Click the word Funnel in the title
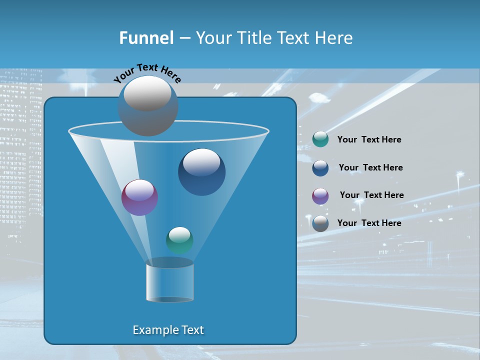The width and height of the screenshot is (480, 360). point(146,38)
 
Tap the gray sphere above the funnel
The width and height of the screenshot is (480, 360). point(147,105)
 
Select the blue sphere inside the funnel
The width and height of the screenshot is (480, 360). point(201,172)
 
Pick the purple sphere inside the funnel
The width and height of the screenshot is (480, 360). point(139,197)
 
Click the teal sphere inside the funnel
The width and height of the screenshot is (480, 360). point(179,240)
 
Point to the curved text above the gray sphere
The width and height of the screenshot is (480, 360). point(147,73)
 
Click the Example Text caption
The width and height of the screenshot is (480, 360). point(168,330)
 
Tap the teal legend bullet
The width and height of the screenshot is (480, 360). point(320,139)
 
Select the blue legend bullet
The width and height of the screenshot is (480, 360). point(320,168)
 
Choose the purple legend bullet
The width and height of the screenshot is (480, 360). point(320,196)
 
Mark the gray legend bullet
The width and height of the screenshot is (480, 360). point(320,223)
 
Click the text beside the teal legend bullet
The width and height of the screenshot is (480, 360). point(369,140)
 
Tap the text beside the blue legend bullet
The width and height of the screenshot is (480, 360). point(370,168)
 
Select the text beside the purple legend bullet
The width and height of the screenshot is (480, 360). point(371,195)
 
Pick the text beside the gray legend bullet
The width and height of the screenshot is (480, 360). point(369,223)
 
